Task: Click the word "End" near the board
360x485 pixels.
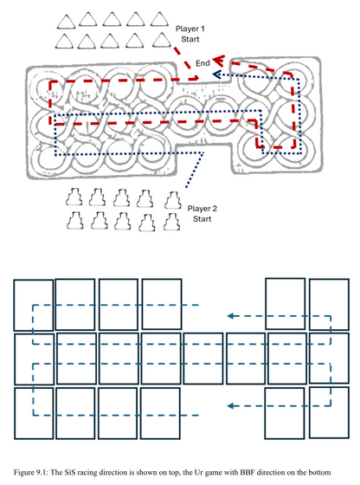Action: [202, 63]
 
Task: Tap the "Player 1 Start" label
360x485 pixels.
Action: [190, 34]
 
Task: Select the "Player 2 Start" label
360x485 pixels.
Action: [202, 214]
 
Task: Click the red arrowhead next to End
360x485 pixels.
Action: [218, 61]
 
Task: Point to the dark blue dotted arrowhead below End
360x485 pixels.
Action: [217, 74]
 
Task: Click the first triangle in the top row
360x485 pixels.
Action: [66, 21]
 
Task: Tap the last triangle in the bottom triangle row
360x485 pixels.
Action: [162, 40]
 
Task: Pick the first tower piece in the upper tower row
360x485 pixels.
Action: [74, 197]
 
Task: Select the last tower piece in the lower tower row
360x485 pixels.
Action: [172, 222]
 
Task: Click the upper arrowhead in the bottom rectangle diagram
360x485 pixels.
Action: [230, 316]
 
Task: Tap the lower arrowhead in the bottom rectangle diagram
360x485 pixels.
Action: [230, 406]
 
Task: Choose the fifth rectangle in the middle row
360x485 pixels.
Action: [203, 359]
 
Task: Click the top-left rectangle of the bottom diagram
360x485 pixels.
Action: [34, 305]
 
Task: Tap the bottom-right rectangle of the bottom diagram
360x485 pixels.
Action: [329, 412]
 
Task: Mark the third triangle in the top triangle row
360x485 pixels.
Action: [112, 19]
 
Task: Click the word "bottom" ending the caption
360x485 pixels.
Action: [321, 472]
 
